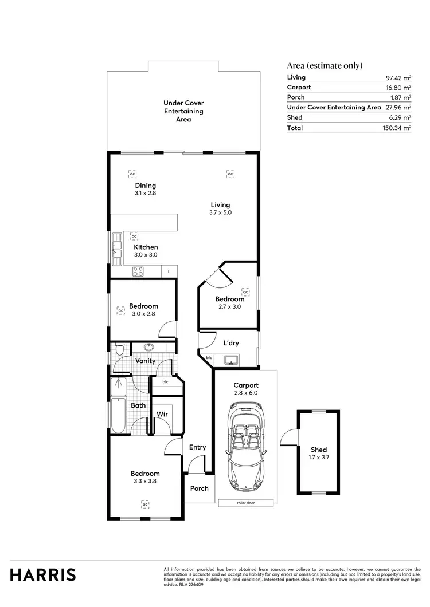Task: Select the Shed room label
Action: [318, 450]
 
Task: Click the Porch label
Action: [199, 488]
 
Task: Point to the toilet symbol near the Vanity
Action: [118, 349]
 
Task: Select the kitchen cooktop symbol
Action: [138, 272]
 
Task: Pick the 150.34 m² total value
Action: [398, 128]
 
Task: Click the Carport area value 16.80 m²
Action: [398, 88]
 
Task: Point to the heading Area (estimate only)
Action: [325, 65]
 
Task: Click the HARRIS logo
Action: [43, 574]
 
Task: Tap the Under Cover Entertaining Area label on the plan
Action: [183, 111]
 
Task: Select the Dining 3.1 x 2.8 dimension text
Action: [145, 194]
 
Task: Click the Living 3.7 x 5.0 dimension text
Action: [220, 212]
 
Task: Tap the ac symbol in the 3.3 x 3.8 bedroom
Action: [145, 504]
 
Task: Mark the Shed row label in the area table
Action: [295, 117]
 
